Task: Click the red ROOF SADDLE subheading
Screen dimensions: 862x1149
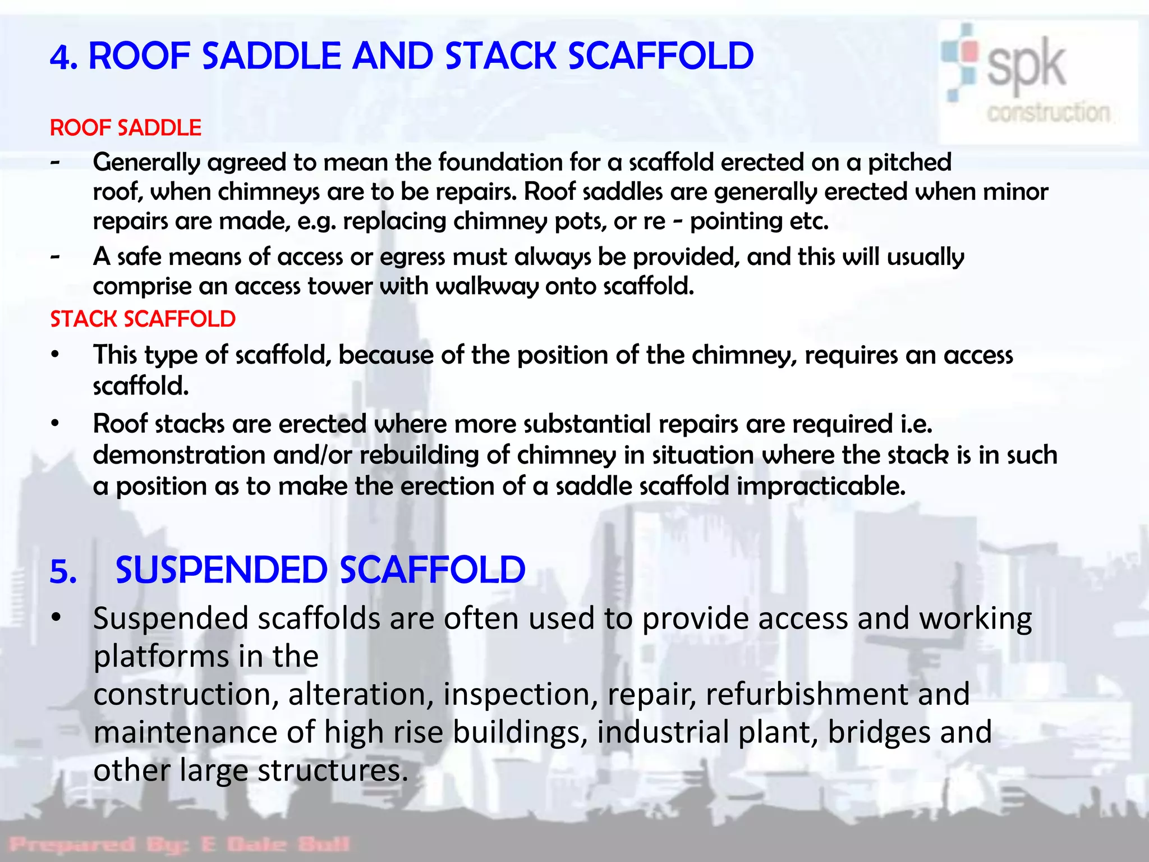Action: coord(126,128)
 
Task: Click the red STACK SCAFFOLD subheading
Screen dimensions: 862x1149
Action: coord(143,319)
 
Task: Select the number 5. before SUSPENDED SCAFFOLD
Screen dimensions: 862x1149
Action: coord(63,572)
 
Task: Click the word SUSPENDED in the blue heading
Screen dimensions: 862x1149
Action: coord(221,570)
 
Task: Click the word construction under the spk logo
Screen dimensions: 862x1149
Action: coord(1048,113)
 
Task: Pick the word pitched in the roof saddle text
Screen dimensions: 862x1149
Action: coord(909,163)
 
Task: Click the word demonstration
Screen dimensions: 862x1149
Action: coord(179,455)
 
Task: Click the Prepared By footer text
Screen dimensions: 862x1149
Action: coord(180,844)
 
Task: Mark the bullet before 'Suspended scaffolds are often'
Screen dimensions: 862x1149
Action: coord(55,618)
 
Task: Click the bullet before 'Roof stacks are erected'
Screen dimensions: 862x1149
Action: coord(55,424)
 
